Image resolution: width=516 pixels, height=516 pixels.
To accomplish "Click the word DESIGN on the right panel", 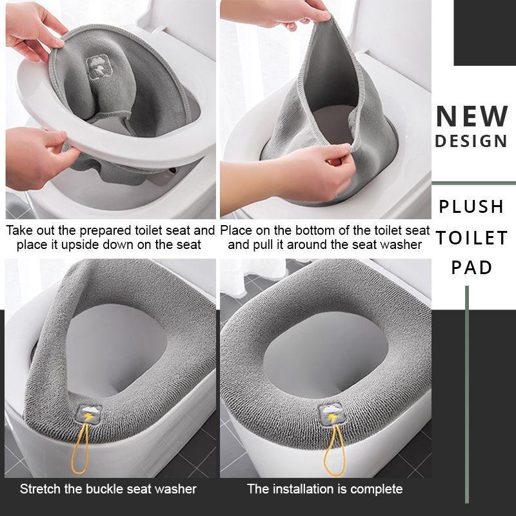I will [471, 141].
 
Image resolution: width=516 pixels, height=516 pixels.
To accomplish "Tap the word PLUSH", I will [471, 206].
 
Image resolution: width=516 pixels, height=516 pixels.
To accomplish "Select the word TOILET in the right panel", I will [471, 237].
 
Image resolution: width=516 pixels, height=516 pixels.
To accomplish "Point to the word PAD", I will [471, 268].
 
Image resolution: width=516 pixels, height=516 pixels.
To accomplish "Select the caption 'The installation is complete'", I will [324, 488].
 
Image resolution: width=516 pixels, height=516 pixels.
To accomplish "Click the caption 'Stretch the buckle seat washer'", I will [108, 488].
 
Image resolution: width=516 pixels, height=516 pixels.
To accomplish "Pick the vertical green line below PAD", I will [466, 393].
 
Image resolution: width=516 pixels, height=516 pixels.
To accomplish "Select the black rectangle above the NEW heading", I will [484, 32].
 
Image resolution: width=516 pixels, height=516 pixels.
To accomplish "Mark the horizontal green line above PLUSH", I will [473, 183].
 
